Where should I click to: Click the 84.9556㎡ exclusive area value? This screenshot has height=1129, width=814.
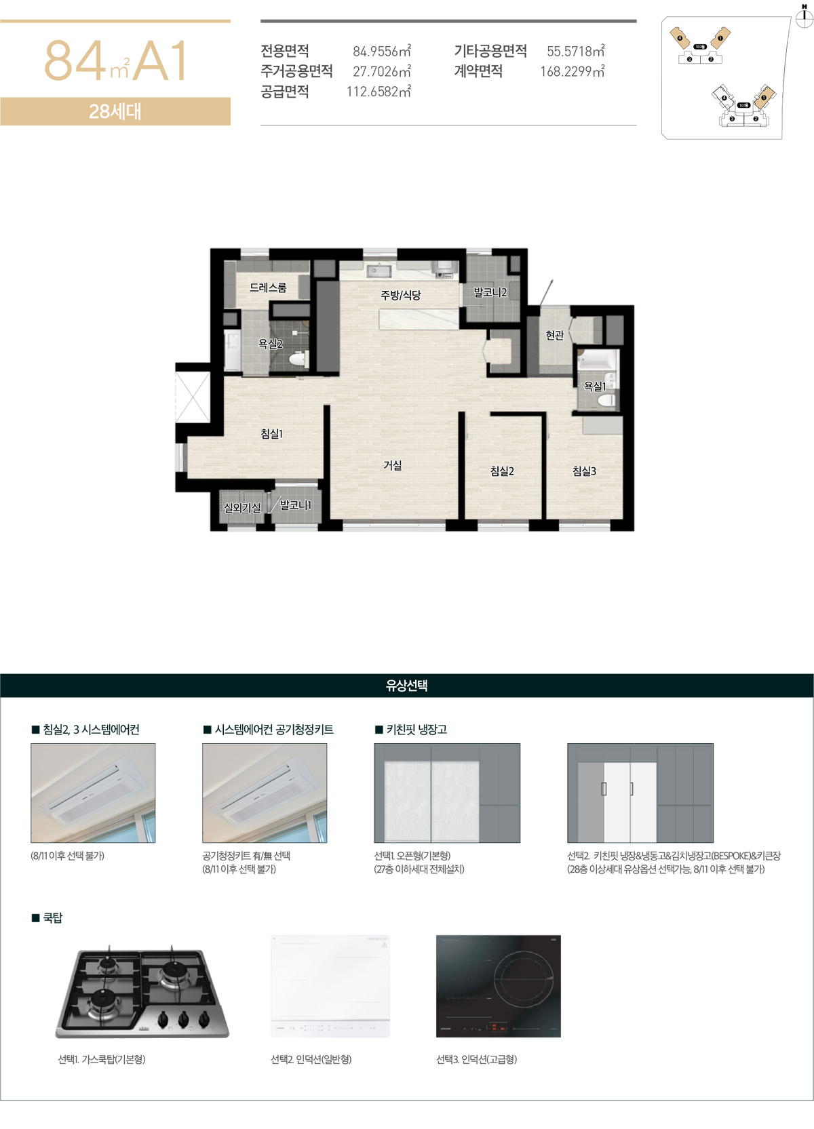381,52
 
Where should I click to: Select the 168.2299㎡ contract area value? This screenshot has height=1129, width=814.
572,72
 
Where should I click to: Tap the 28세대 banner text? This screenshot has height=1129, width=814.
115,111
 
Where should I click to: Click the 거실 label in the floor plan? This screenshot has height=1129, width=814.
393,465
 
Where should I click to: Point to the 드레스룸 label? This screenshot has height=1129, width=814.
268,288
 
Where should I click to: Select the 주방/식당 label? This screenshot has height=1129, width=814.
400,295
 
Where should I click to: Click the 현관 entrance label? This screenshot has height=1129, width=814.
555,335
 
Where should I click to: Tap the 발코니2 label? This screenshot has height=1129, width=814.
490,292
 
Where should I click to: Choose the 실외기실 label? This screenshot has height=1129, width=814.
242,507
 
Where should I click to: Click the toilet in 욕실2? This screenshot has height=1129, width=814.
296,359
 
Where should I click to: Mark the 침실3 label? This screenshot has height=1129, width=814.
584,471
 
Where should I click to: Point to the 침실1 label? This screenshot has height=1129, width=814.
271,434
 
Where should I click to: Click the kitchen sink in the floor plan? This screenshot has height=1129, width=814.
377,271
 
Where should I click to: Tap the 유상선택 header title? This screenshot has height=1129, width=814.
406,686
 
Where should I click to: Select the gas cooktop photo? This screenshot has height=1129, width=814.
142,993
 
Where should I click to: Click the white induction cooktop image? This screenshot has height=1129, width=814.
330,986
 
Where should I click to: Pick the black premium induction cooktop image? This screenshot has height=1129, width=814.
499,986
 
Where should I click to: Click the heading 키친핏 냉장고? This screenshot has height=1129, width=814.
416,730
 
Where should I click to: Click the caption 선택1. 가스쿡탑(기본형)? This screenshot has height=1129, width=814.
102,1059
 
